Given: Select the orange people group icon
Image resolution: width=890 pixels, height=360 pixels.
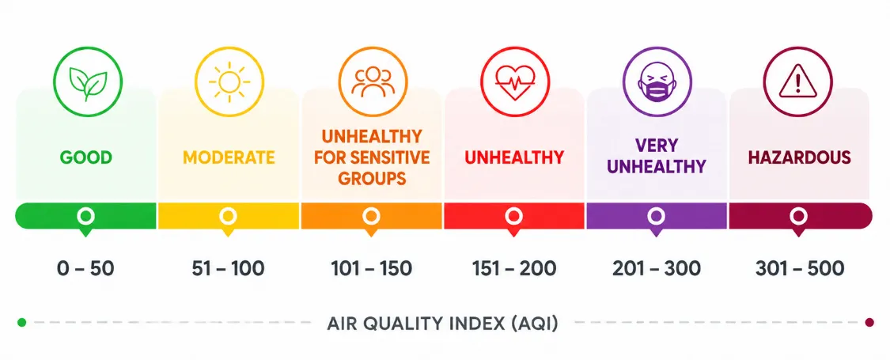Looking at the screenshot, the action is click(373, 81).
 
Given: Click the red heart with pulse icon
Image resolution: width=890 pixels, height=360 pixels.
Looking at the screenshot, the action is click(515, 82).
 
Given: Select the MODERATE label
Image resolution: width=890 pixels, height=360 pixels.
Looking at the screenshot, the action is click(229, 157).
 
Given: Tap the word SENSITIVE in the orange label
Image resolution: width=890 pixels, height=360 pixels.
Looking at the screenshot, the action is click(394, 157).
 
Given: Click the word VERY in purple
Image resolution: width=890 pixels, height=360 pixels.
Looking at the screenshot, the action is click(657, 146).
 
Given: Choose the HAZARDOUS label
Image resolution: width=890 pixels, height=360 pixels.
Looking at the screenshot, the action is click(800, 157).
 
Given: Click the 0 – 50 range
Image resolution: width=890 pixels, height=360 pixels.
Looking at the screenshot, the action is click(85, 268).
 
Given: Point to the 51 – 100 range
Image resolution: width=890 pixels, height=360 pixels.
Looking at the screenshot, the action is click(228, 268).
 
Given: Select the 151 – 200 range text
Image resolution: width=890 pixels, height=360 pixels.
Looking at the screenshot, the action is click(514, 268).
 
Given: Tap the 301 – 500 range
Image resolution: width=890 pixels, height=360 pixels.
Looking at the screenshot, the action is click(800, 268).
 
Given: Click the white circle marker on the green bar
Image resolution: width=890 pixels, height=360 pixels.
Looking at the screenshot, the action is click(85, 216).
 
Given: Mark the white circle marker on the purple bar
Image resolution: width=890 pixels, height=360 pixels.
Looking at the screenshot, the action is click(656, 216).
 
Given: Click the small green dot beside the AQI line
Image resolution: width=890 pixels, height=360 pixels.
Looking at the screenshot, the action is click(21, 323).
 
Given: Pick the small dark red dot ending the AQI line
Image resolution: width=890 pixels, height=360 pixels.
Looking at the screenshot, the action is click(869, 323).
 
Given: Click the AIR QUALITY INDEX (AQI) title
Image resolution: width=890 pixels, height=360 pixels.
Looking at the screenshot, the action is click(443, 324).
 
